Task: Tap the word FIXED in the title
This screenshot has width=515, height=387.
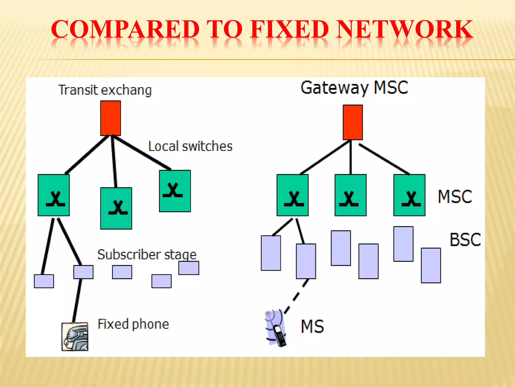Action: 289,29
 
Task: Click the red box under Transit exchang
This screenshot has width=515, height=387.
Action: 110,118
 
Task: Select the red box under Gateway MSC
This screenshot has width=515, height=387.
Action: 353,122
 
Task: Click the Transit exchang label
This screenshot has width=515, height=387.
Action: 105,90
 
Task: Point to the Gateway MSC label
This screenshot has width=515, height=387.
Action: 354,88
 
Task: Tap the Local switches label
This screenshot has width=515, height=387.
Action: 190,146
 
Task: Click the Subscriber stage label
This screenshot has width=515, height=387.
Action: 147,254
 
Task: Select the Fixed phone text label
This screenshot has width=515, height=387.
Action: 133,324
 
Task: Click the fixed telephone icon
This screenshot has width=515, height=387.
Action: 75,336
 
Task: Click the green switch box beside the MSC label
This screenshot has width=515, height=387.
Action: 409,195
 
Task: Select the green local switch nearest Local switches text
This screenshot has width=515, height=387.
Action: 175,191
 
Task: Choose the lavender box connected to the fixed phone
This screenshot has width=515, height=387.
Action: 83,272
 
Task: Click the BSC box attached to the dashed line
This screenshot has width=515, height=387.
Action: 306,261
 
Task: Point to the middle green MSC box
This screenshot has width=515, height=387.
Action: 350,195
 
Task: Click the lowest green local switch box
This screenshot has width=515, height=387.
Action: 116,208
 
